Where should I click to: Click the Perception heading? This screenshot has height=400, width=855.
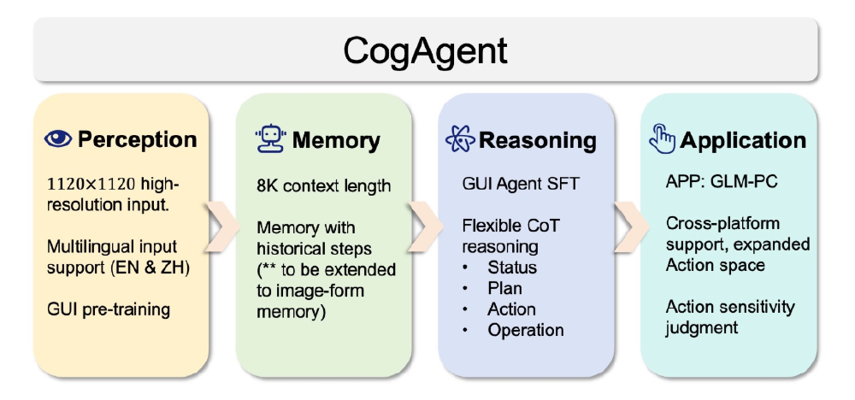point(137,139)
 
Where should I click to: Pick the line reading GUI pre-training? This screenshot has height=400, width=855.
point(108,309)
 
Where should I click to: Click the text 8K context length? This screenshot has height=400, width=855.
point(323,185)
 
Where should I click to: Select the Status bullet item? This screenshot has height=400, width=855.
point(512,268)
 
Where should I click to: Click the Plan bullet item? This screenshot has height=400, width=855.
point(505,288)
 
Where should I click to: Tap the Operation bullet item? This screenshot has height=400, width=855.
point(526,330)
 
